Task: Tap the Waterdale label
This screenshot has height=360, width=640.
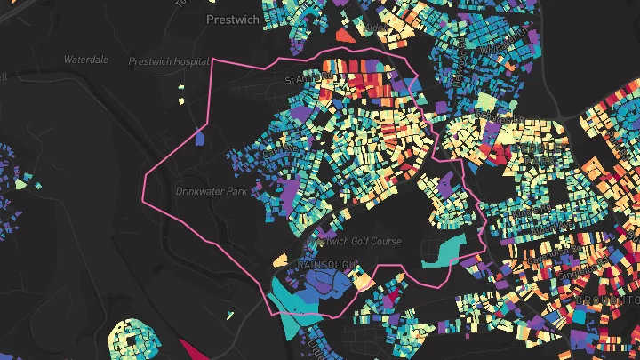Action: pos(85,60)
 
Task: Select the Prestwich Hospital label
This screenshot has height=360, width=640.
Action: pos(168,61)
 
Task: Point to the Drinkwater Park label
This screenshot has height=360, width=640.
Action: pos(211,191)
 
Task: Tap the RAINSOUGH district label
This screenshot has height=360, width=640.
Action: pos(326,265)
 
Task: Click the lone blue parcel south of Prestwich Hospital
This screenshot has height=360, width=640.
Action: pos(199,136)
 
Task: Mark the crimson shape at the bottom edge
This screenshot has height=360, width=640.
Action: pos(197,349)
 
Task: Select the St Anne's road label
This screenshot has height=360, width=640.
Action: pos(302,80)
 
